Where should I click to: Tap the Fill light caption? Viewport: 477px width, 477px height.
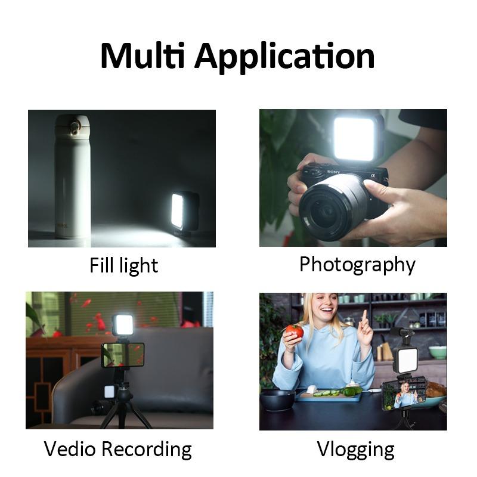(x=124, y=265)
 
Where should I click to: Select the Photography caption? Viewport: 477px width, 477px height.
(x=357, y=264)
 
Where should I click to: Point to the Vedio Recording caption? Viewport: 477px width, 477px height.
(x=118, y=449)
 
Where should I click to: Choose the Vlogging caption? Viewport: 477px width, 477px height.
(x=355, y=449)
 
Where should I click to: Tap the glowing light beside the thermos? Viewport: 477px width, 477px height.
(x=178, y=210)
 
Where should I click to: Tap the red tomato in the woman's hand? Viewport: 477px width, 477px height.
(x=295, y=332)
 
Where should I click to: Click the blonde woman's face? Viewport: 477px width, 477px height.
(x=326, y=313)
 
